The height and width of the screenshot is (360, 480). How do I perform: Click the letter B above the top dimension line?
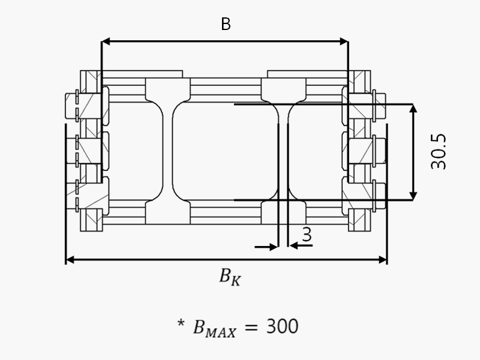[x=226, y=24]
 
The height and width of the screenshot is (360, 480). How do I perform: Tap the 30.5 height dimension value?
[x=439, y=152]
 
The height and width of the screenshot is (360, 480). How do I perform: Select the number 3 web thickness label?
[x=307, y=235]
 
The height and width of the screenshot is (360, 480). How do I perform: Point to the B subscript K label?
[x=230, y=277]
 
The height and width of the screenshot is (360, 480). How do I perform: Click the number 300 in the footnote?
[x=282, y=326]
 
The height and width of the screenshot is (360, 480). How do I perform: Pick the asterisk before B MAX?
[x=181, y=324]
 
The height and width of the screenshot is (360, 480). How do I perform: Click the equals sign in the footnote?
[x=251, y=327]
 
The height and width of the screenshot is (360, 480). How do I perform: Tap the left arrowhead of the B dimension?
[x=106, y=41]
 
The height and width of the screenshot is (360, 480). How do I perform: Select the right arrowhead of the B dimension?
[x=344, y=41]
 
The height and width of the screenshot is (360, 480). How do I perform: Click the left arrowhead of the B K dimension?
[x=70, y=260]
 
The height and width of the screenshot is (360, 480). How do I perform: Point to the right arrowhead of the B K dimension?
[x=383, y=260]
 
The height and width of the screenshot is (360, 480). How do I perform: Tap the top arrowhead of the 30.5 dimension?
[x=413, y=109]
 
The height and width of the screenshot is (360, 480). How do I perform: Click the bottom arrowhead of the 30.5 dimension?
[x=413, y=196]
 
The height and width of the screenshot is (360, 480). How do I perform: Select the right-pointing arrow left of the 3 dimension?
[x=266, y=247]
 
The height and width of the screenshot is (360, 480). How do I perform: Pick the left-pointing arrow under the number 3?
[x=301, y=245]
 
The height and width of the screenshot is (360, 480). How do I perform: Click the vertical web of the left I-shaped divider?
[x=167, y=151]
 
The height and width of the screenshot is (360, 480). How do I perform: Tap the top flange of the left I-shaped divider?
[x=167, y=89]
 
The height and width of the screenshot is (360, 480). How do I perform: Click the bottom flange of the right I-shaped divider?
[x=283, y=212]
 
